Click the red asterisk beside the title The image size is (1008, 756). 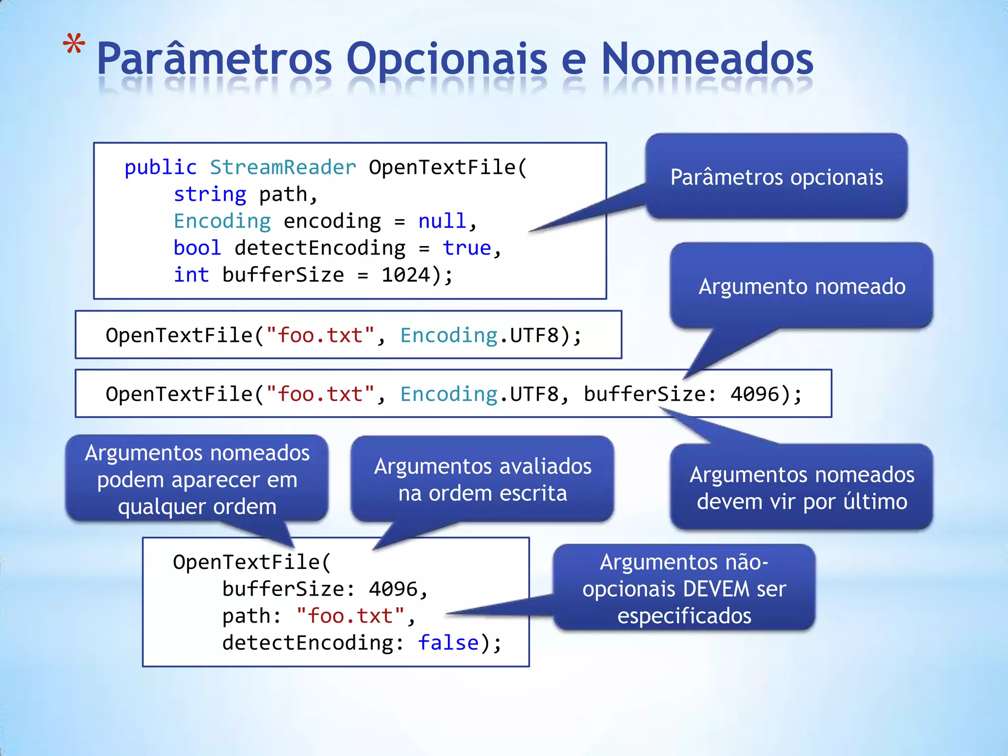(74, 45)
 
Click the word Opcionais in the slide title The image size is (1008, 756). (446, 59)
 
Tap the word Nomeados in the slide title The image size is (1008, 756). (707, 59)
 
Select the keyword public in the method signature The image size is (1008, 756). (160, 168)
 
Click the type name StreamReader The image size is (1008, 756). (283, 168)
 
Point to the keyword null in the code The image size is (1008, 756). (442, 221)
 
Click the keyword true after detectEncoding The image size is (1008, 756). (467, 248)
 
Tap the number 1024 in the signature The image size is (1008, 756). (406, 275)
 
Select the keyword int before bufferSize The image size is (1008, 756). (191, 275)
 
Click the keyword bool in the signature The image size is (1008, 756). (197, 248)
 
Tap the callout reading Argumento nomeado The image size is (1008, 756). (801, 286)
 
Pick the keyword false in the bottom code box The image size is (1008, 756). (448, 643)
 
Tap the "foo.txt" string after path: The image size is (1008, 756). (350, 616)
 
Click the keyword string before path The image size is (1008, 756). (210, 195)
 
